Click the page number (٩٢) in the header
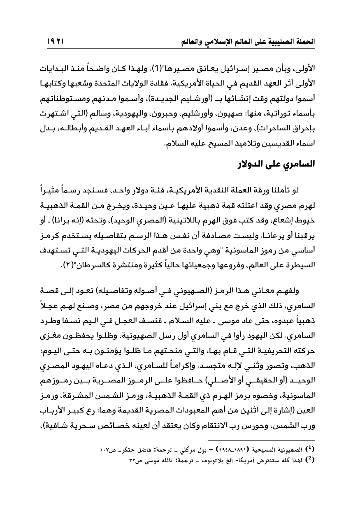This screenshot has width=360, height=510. [x=58, y=42]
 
